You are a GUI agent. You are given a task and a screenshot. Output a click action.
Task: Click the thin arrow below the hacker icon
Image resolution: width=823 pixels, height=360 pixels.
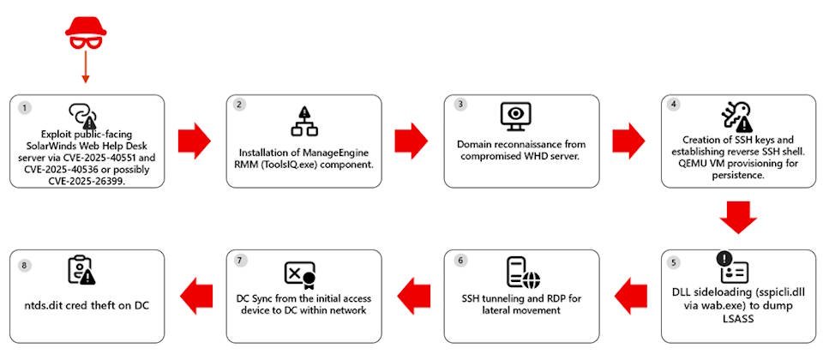(86, 69)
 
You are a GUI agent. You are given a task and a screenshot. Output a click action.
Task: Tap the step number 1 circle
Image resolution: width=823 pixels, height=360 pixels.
(25, 109)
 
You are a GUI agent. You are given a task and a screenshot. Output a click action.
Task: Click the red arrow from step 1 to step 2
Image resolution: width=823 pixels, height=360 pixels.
(194, 140)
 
